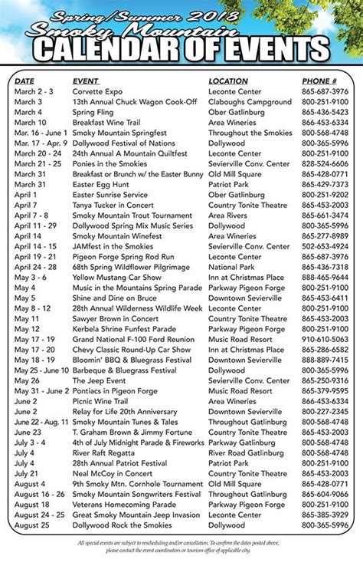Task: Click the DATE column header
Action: tap(25, 81)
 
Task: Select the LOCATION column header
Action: tap(228, 81)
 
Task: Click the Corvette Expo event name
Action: tap(97, 90)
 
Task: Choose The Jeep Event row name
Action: tap(98, 380)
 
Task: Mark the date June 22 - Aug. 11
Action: tap(40, 422)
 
